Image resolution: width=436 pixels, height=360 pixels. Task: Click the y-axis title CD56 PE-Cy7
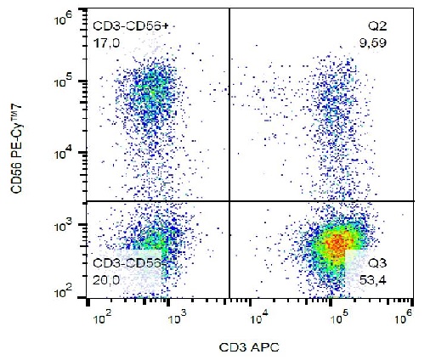[18, 155]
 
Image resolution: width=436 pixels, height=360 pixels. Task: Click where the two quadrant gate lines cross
[230, 201]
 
